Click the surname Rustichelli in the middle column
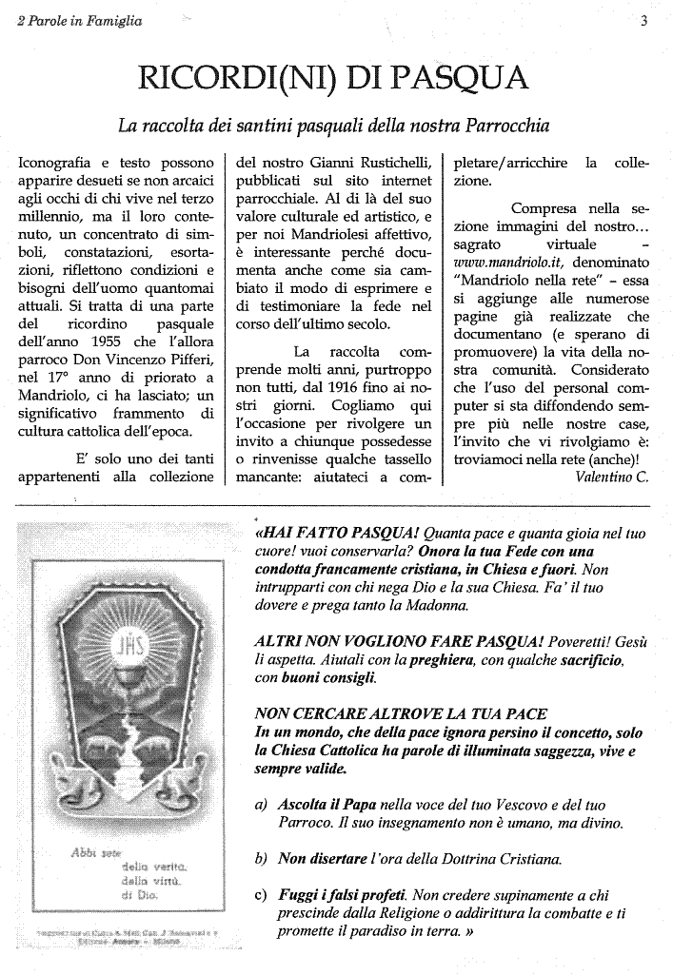click(x=381, y=164)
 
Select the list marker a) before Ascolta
click(x=262, y=804)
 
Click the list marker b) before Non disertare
click(x=262, y=859)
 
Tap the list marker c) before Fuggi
click(x=262, y=895)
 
